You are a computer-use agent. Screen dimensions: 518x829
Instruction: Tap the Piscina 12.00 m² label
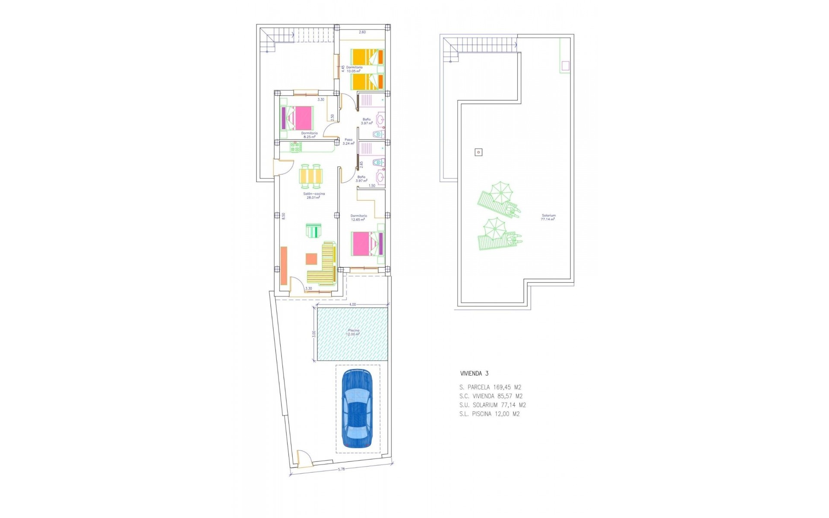tap(353, 332)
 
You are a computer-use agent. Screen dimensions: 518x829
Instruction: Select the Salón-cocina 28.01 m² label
tap(314, 196)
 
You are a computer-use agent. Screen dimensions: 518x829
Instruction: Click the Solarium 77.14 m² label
tap(549, 217)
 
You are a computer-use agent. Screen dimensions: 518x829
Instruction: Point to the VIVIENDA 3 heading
tap(474, 374)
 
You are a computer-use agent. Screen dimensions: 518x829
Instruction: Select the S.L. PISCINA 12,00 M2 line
tap(490, 414)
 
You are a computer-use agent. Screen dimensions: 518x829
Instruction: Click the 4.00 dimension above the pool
tap(352, 304)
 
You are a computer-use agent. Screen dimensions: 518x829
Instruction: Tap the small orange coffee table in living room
tap(311, 259)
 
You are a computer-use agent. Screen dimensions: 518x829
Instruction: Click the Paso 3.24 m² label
tap(348, 142)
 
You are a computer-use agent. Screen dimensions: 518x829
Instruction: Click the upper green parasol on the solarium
tap(499, 192)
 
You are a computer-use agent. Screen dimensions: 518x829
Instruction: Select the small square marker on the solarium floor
tap(478, 152)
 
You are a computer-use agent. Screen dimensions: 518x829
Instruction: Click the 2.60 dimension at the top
tap(362, 32)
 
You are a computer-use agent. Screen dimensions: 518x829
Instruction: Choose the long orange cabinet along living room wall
tap(284, 265)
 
